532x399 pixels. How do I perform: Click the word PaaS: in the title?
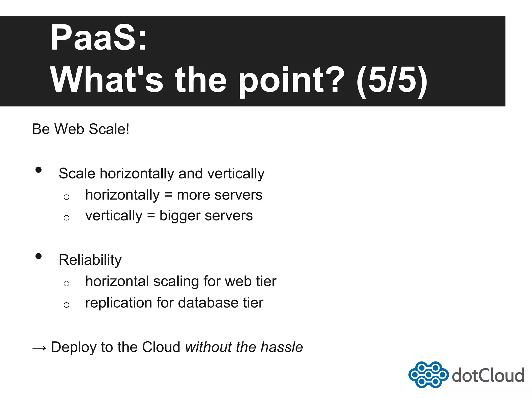(98, 38)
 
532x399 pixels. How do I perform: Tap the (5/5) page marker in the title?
(392, 80)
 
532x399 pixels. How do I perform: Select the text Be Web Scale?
(81, 129)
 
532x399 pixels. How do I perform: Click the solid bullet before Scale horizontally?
(38, 170)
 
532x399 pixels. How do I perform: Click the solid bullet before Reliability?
(38, 256)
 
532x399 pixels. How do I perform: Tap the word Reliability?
(90, 260)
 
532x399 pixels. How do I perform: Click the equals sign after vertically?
(151, 216)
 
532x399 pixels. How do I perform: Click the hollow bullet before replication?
(66, 305)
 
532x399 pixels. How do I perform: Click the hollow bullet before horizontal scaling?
(66, 283)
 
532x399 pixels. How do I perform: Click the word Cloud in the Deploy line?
(161, 347)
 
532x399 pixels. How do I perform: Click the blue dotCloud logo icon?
(428, 375)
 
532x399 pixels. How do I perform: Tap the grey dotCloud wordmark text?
(488, 375)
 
